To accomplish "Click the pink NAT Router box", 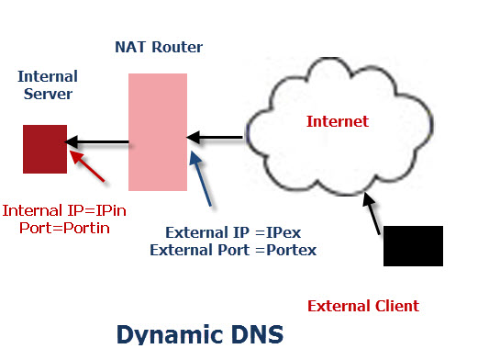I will (x=158, y=133).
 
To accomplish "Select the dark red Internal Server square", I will (x=44, y=149).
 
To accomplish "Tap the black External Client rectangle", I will (x=413, y=245).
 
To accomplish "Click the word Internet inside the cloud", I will (x=337, y=120).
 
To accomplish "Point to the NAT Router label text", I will (x=159, y=47).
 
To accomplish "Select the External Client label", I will (x=362, y=305).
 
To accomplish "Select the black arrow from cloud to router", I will (x=216, y=138).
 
